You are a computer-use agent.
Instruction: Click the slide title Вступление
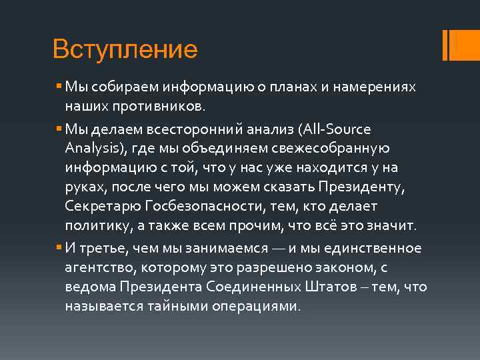[x=125, y=49]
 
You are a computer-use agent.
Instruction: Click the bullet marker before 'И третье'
[x=59, y=248]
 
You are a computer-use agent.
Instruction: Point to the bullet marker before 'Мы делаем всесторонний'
[x=59, y=128]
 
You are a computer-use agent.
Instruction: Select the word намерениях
[x=382, y=88]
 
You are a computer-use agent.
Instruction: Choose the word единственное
[x=379, y=249]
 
